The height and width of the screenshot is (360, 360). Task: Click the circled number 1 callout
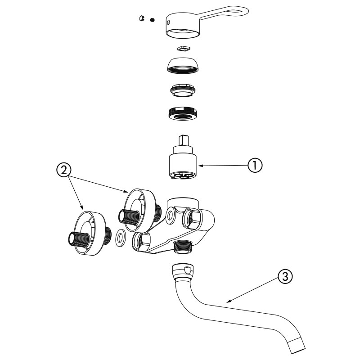254,165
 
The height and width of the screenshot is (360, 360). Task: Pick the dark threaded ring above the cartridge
183,113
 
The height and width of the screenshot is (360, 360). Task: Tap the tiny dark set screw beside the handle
153,20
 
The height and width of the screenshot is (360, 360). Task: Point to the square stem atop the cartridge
183,138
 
